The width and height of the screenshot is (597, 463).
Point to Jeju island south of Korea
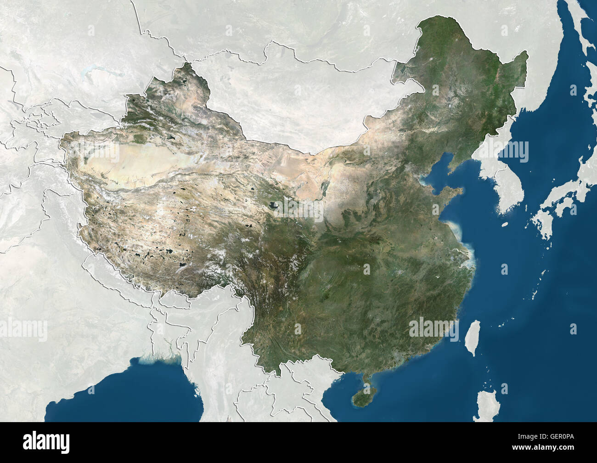[505, 225]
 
